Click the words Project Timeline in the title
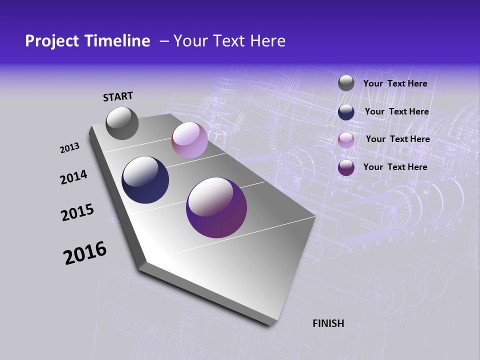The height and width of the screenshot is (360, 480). [87, 41]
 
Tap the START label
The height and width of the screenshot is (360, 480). [118, 96]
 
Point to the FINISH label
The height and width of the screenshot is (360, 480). [328, 323]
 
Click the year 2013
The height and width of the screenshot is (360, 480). [69, 148]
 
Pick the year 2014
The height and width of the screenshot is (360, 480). [73, 177]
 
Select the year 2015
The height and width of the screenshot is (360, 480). [77, 212]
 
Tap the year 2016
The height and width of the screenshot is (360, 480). [85, 253]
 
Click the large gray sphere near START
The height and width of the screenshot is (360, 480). [122, 123]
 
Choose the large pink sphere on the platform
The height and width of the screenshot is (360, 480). [189, 140]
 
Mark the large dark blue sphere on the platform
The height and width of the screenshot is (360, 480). [145, 180]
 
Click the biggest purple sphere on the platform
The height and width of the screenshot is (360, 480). [216, 207]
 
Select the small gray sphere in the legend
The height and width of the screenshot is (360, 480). [346, 83]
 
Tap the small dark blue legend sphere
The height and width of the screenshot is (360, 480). [346, 112]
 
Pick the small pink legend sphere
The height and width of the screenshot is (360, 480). [346, 140]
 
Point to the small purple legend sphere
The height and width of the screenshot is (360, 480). [346, 167]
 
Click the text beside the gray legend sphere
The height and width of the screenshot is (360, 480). [395, 83]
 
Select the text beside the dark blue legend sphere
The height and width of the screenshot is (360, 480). [396, 111]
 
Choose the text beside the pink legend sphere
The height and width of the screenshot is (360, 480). [397, 139]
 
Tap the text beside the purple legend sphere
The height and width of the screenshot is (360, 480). [395, 167]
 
